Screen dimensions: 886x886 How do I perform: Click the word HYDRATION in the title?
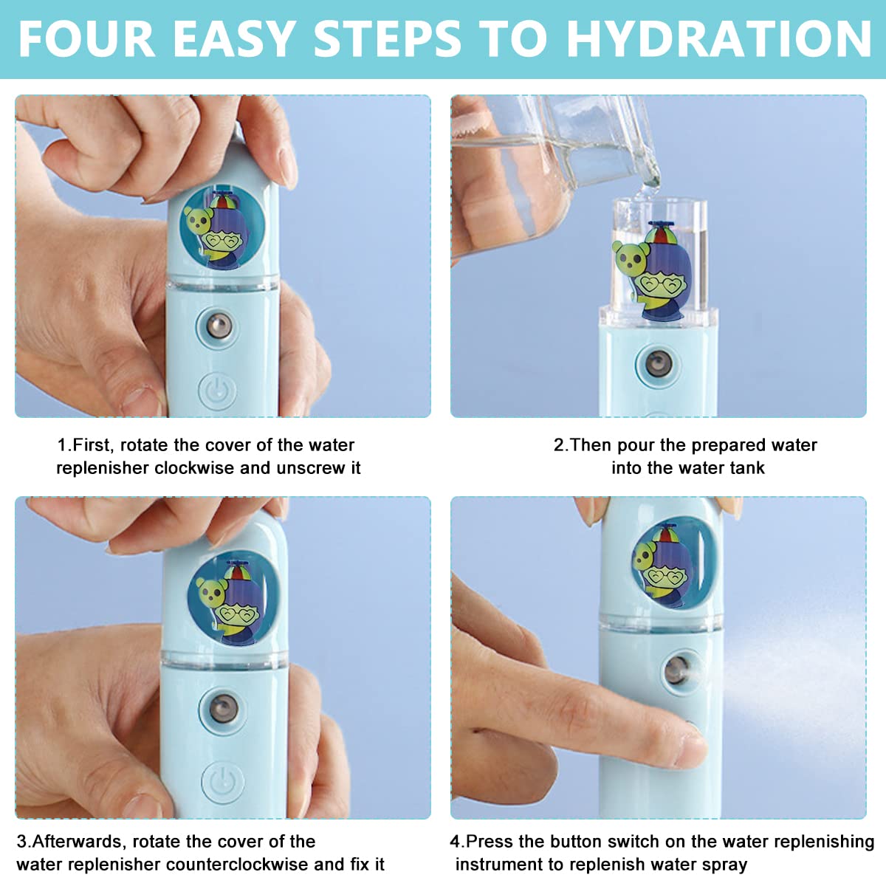(720, 38)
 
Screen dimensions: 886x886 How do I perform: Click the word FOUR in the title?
(87, 38)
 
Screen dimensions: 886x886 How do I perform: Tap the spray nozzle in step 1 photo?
(219, 325)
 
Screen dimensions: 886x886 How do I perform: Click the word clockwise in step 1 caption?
(195, 468)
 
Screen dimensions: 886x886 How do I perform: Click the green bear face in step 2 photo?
(629, 258)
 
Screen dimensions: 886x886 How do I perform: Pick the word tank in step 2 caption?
(747, 468)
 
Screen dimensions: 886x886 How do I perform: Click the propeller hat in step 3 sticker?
(238, 571)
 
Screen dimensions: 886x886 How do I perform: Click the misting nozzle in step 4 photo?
(676, 670)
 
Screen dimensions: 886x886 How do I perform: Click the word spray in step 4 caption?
(723, 865)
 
